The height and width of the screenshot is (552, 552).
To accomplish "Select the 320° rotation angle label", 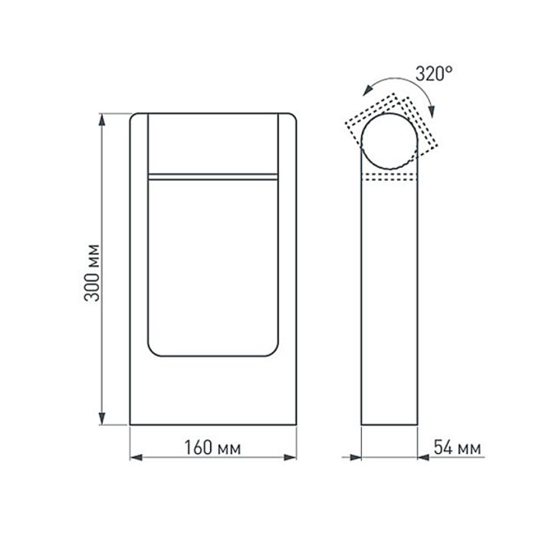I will [434, 74].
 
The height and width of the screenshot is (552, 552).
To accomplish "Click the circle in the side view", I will [390, 140].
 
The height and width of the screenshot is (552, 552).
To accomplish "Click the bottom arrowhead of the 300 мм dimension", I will [101, 419].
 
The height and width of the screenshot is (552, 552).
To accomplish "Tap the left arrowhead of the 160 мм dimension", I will [135, 458].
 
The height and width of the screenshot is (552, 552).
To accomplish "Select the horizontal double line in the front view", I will [212, 176].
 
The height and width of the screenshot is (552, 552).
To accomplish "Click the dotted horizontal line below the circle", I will [390, 176].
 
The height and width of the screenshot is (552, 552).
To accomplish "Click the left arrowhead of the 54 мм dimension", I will [356, 458].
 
